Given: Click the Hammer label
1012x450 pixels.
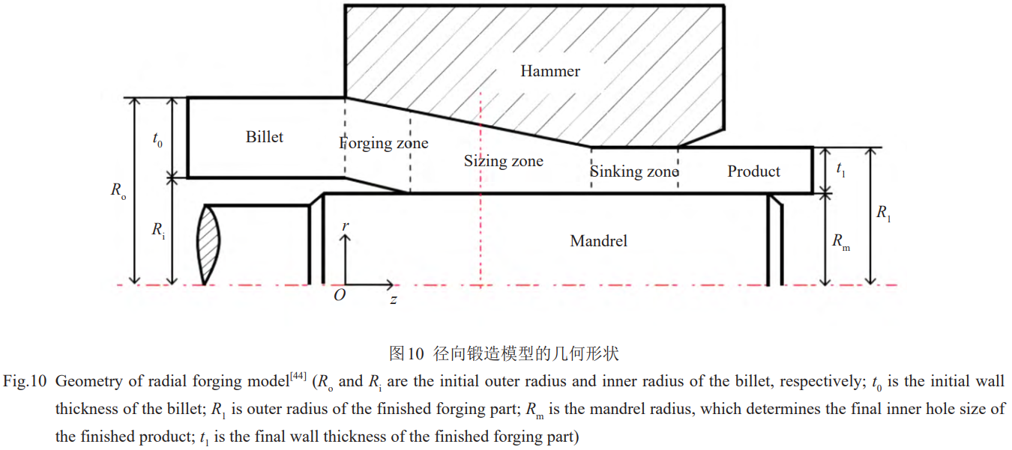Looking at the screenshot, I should tap(550, 71).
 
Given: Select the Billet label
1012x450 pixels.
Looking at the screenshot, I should tap(265, 137).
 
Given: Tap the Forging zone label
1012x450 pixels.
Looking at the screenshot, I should tap(384, 143).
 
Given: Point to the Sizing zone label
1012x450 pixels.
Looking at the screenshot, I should tap(503, 161).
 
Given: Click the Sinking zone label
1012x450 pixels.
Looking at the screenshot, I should tap(634, 171).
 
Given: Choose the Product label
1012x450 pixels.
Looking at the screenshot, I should tap(753, 171).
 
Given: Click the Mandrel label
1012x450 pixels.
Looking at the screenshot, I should tap(598, 240).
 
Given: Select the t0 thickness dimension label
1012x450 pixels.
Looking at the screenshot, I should tap(157, 140).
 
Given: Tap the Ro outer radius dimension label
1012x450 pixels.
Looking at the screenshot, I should tap(118, 190).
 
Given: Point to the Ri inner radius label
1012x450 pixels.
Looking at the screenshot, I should tap(158, 230).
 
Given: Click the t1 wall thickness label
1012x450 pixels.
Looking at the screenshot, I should tap(841, 170).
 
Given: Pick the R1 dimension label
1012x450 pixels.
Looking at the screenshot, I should tap(885, 213).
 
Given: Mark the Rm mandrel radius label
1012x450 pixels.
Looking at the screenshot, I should tap(841, 242).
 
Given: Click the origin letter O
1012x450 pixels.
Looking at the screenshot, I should tap(340, 295).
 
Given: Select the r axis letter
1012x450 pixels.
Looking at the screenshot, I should tap(345, 225).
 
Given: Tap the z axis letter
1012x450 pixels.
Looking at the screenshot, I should tap(393, 300).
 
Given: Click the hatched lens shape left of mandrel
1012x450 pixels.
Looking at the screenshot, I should tap(209, 244).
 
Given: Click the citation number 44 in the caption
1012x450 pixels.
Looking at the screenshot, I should tap(298, 376).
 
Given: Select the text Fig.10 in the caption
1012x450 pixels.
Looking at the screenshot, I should tap(26, 382).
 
